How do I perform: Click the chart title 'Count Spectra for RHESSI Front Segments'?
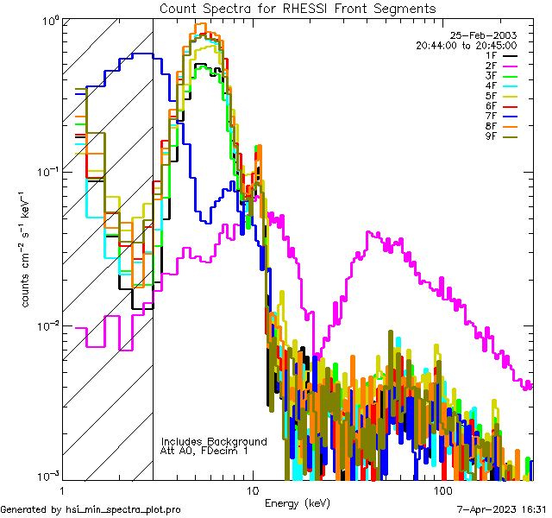point(298,9)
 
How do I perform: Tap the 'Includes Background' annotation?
point(214,442)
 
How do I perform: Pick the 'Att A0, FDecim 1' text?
point(204,452)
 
